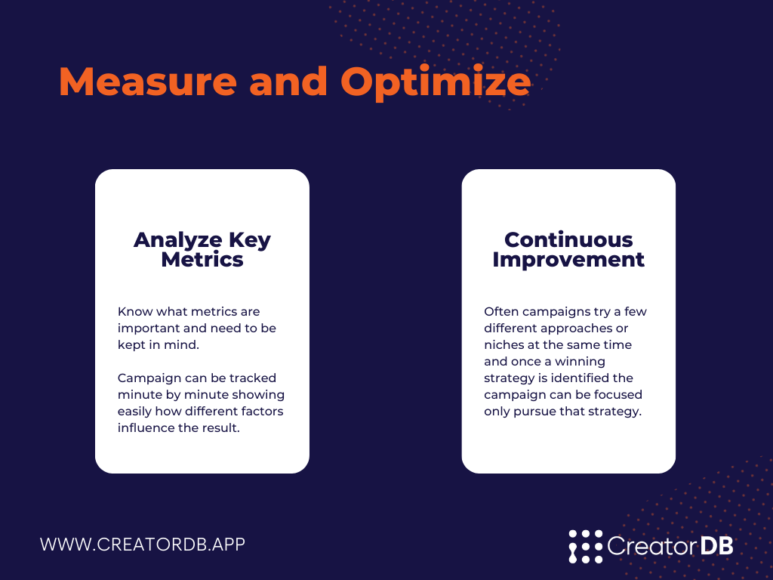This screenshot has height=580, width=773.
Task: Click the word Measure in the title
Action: tap(148, 81)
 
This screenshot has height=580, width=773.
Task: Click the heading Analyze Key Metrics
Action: tap(202, 249)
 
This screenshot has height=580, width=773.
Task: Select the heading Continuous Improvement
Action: tap(568, 249)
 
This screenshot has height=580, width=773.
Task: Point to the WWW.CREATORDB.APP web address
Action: tap(143, 544)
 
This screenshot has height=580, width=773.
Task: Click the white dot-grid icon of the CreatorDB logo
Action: tap(586, 547)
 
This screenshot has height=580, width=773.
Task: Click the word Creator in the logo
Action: tap(651, 545)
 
